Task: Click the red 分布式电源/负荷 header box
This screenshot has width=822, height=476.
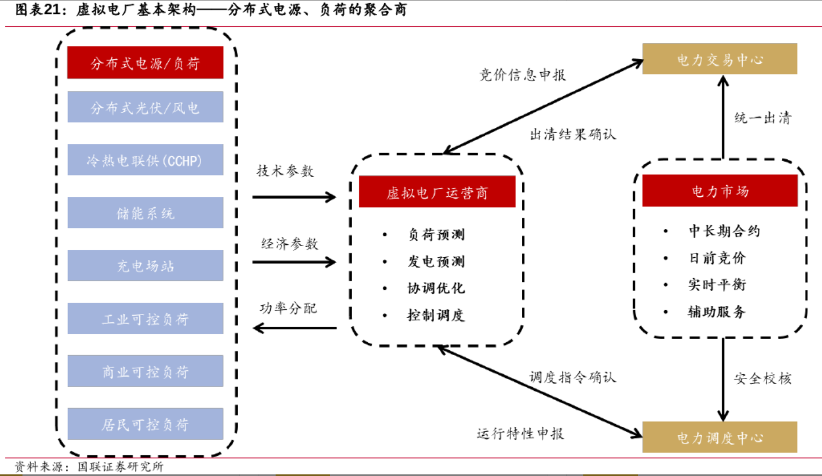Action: [x=145, y=63]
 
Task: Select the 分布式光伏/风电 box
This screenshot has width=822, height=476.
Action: [x=145, y=107]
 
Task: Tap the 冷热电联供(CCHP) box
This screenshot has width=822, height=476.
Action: [x=145, y=160]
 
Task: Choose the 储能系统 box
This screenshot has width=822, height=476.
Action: [x=145, y=213]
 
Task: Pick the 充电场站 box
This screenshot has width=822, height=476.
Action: [x=145, y=266]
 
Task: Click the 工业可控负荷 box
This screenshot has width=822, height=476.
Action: [x=145, y=319]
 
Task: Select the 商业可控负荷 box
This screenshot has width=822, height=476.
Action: [x=145, y=371]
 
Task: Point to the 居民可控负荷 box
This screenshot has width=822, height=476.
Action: [x=145, y=424]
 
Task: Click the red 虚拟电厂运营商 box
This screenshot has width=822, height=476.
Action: [x=437, y=192]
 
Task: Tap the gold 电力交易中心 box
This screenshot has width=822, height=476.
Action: [x=719, y=59]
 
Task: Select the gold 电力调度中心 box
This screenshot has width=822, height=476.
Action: [x=719, y=437]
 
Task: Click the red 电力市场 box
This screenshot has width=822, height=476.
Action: [x=719, y=191]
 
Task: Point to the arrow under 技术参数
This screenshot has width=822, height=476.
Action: [x=294, y=197]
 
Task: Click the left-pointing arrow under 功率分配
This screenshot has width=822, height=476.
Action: [x=294, y=328]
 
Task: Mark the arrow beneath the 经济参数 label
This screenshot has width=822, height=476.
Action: [x=294, y=262]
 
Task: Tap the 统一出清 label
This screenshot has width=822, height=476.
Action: [x=762, y=118]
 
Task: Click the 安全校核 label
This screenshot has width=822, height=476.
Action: [x=762, y=378]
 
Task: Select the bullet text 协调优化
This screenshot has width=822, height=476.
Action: [x=436, y=288]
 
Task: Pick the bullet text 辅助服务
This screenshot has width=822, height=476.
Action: [x=717, y=311]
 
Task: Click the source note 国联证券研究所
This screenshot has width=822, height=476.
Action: [x=120, y=466]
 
